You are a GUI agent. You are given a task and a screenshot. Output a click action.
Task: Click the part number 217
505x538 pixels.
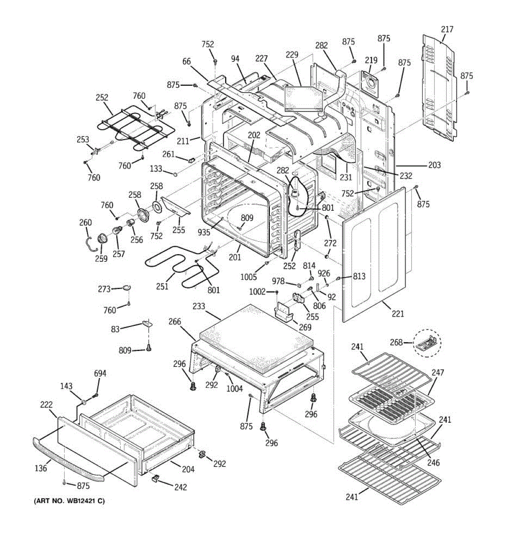(x=447, y=29)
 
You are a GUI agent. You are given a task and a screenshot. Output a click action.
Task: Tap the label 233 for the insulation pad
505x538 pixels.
(x=199, y=306)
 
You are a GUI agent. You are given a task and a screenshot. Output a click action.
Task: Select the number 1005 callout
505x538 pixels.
(x=248, y=277)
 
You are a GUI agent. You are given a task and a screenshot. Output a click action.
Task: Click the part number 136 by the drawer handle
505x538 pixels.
(x=41, y=469)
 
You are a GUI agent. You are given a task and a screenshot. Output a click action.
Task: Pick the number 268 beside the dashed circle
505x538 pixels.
(x=396, y=343)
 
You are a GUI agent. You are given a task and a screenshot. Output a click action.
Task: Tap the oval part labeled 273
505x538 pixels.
(x=127, y=287)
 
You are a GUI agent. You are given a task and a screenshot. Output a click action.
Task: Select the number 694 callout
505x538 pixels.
(x=100, y=373)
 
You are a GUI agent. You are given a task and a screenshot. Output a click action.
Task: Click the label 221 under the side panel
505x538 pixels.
(x=398, y=314)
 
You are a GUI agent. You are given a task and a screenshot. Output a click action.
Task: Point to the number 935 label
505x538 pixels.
(x=204, y=232)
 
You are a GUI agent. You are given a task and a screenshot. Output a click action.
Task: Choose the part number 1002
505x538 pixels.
(x=257, y=291)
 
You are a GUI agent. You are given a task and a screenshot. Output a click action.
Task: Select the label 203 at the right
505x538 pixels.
(x=435, y=165)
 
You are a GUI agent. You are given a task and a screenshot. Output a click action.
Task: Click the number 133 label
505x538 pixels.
(x=156, y=169)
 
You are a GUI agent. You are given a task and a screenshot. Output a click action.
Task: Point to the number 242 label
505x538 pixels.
(x=180, y=487)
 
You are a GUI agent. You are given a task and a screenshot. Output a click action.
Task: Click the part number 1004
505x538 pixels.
(x=234, y=389)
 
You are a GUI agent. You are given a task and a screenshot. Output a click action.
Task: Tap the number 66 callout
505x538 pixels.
(x=186, y=61)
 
